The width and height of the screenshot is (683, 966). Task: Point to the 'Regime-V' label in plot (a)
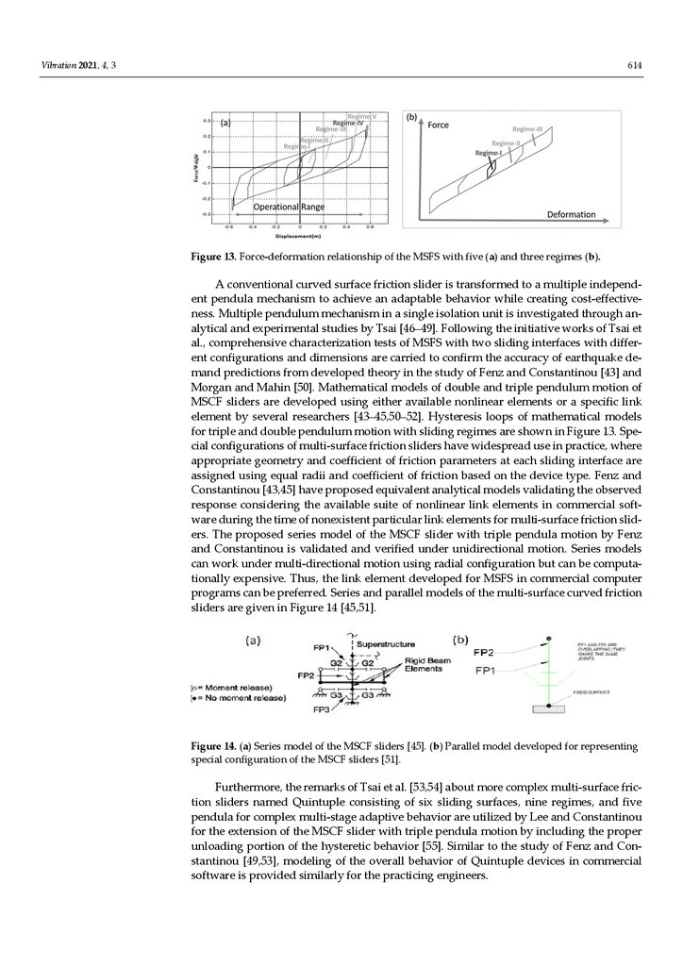tap(362, 116)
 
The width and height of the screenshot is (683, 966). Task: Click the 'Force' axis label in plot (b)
tap(438, 125)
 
